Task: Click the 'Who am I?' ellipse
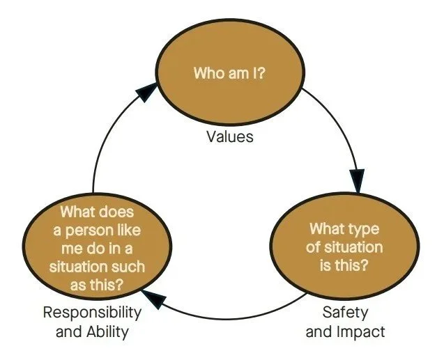point(230,72)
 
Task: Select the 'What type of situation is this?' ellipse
point(344,246)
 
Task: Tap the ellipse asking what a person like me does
point(97,246)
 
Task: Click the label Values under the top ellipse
point(229,136)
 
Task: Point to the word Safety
point(345,313)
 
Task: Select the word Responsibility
point(92,313)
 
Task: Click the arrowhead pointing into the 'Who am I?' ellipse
point(146,91)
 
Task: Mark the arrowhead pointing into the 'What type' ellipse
point(358,181)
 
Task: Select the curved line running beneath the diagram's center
point(227,319)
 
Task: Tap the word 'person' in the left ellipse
point(89,230)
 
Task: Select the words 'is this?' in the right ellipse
point(344,265)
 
